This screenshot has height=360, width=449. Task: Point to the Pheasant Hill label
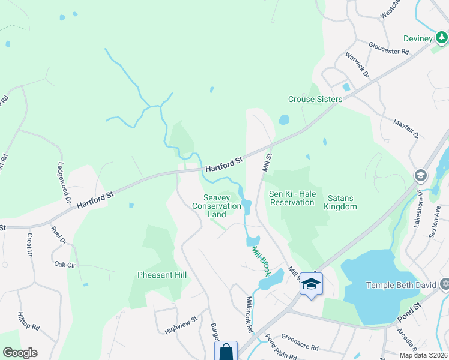[x=162, y=275]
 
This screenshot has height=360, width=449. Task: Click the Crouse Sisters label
[x=315, y=99]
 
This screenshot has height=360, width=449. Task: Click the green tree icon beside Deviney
[x=442, y=38]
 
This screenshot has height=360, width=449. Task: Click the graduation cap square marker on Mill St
[x=311, y=284]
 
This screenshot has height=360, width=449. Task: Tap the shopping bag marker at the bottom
[x=226, y=351]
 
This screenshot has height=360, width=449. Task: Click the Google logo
[x=20, y=353]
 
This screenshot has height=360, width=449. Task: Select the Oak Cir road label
[x=64, y=264]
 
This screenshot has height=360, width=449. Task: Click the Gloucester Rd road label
[x=389, y=48]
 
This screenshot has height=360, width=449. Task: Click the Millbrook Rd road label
[x=249, y=314]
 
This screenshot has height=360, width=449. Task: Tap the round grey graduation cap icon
[x=420, y=175]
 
